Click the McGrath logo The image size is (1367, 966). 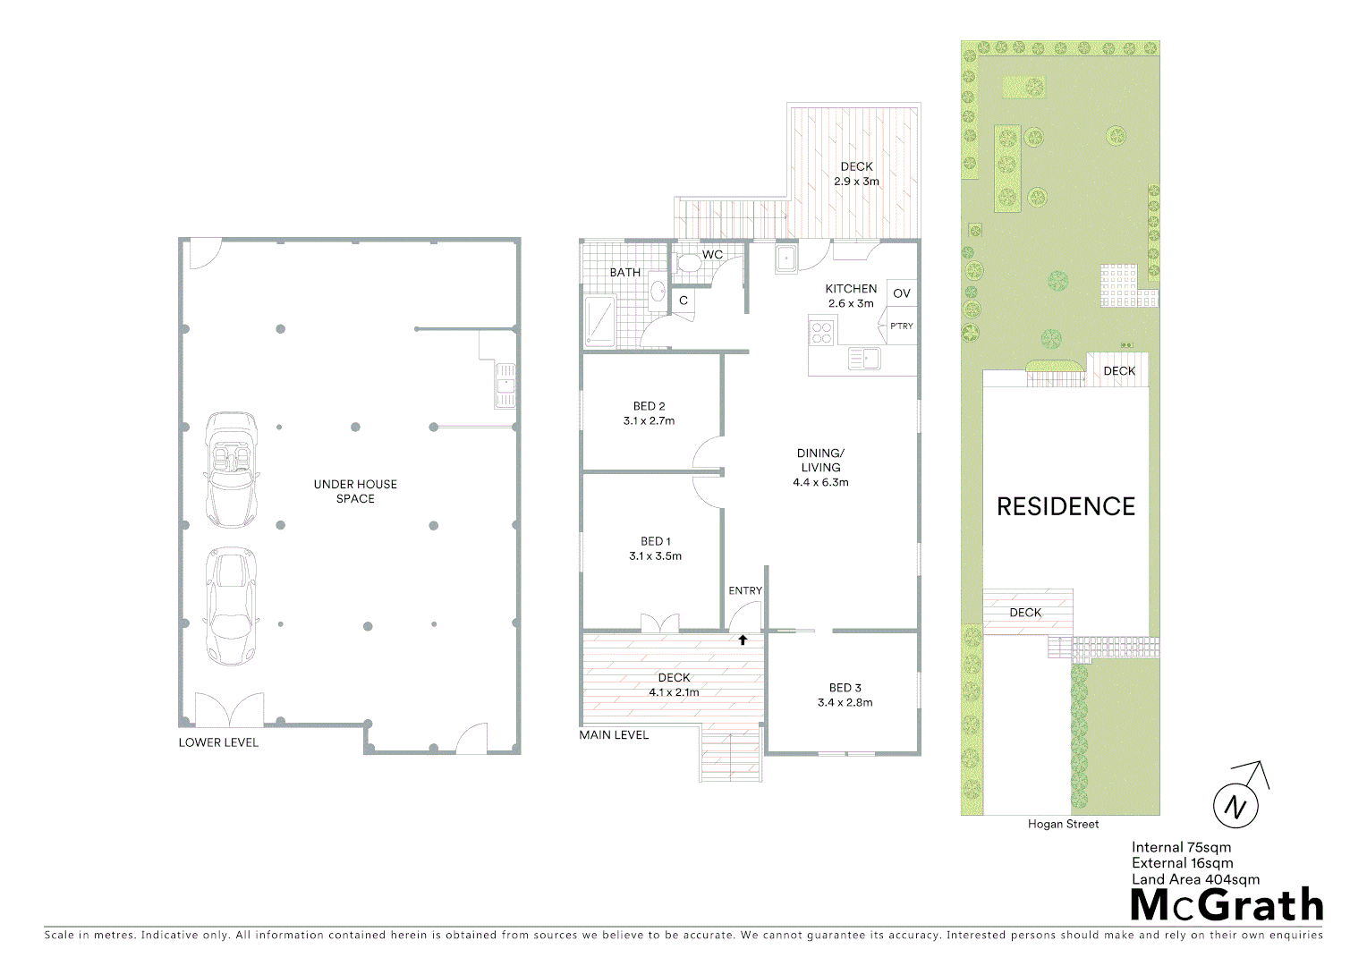tap(1227, 905)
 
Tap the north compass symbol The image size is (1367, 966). tap(1236, 805)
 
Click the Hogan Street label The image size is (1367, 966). tap(1063, 824)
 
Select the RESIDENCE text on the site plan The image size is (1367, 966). tap(1066, 506)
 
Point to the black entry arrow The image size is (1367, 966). tap(743, 640)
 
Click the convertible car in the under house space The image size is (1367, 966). tap(231, 469)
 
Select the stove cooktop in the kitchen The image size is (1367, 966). tap(821, 333)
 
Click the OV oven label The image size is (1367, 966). tap(902, 293)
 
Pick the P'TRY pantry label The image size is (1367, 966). tap(902, 326)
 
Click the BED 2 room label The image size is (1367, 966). tap(649, 406)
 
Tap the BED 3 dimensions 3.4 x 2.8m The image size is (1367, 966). tap(845, 702)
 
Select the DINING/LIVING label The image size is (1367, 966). tap(820, 460)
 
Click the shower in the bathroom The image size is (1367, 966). tap(599, 321)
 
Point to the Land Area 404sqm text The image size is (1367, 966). tap(1195, 879)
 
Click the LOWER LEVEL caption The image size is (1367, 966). tap(218, 742)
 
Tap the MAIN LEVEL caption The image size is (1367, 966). tap(614, 735)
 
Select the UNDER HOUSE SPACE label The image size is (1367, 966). tap(355, 491)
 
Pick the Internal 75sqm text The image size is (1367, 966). tap(1181, 847)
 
